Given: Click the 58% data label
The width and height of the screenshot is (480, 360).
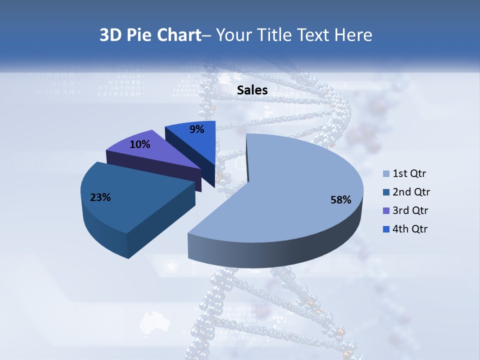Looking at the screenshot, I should tap(341, 200).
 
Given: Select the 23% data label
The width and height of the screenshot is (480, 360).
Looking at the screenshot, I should tap(100, 197).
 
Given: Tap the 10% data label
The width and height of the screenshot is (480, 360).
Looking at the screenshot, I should tap(140, 144).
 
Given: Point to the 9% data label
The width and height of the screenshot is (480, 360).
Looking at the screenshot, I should tap(197, 129).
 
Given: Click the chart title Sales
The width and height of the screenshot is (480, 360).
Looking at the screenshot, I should tap(252, 90).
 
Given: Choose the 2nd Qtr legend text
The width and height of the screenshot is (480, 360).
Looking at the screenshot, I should tap(411, 192).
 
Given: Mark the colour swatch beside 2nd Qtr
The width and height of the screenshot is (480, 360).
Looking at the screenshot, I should tap(385, 192).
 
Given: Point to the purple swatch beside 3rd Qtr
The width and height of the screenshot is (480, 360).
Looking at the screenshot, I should tap(385, 211).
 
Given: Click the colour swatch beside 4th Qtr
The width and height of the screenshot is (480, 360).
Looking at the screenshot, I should tap(385, 229).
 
